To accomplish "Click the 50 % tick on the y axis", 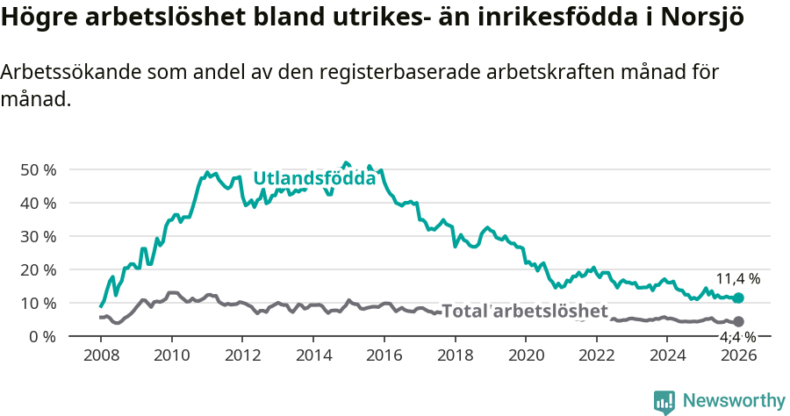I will click(38, 169).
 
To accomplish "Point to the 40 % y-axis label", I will click(38, 203).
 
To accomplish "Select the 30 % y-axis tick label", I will click(38, 236).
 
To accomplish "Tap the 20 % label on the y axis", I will click(38, 269).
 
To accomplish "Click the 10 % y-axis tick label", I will click(38, 303).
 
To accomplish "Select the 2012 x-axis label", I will click(242, 355).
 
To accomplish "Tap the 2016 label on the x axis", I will click(384, 355).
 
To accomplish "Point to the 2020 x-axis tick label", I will click(526, 355).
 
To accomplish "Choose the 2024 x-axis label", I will click(668, 355).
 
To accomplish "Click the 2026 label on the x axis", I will click(738, 355).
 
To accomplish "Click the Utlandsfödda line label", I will click(314, 178).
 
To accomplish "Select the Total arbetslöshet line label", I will click(524, 312).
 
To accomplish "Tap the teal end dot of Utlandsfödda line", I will click(738, 298).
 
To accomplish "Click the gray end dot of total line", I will click(738, 322).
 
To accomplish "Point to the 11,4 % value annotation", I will click(737, 279).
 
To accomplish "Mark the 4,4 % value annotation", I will click(737, 337).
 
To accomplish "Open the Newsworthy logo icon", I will click(664, 402).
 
